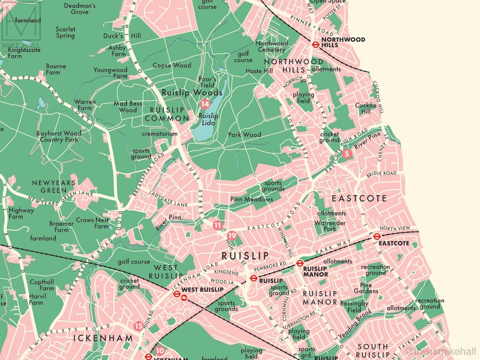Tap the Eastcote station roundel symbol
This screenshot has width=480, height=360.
pos(377,236)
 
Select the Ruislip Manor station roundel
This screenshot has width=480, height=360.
pos(299,263)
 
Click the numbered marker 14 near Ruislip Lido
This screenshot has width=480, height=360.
pos(205,104)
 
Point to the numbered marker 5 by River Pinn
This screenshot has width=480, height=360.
pos(346,154)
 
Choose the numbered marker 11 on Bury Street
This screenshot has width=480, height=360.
pos(218,225)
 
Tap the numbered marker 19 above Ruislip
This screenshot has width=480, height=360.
pos(233,236)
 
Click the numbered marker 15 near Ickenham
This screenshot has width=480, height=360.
pos(139,326)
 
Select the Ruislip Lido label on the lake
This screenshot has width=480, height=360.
pos(209,119)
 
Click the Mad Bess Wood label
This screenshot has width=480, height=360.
pos(128,107)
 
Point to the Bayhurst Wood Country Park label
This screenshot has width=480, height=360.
pos(59,136)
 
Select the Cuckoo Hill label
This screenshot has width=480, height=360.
pos(366,108)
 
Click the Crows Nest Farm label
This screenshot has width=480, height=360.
pos(93,223)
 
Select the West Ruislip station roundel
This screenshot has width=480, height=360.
pos(177,294)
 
